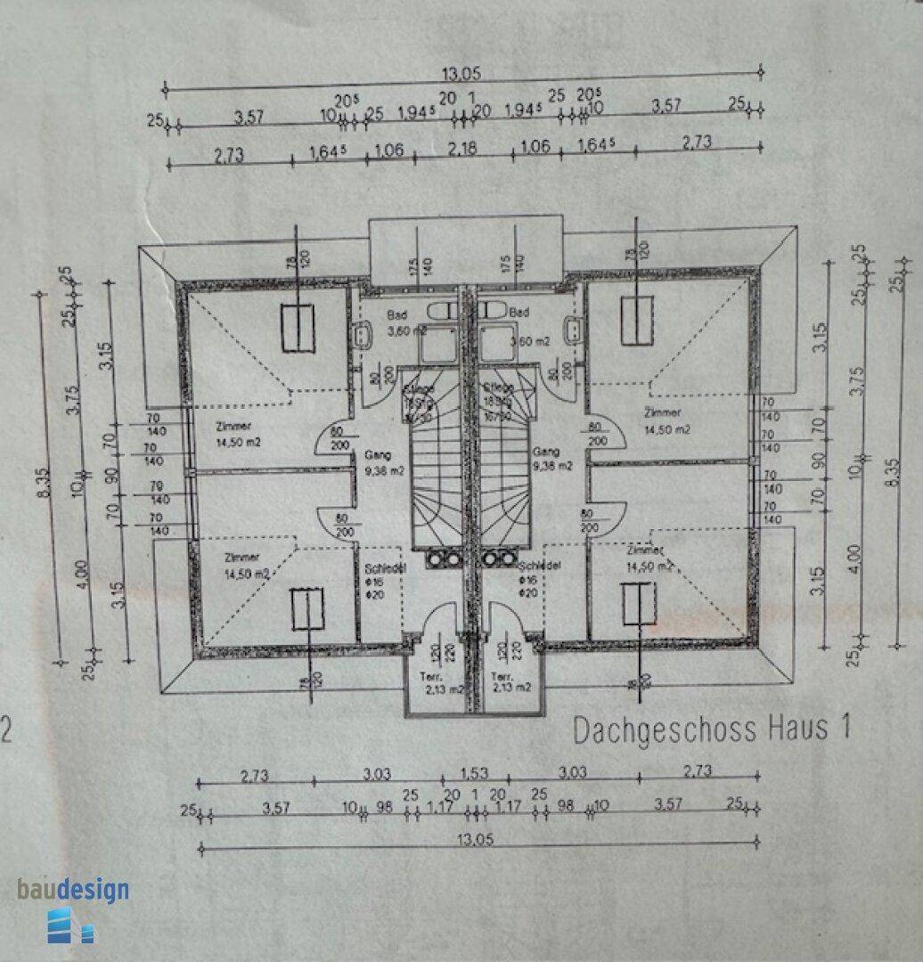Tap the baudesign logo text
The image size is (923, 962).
[x=73, y=889]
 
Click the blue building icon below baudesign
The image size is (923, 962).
[x=69, y=925]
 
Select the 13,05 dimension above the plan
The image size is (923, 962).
[x=462, y=75]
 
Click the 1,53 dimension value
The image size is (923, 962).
[x=474, y=771]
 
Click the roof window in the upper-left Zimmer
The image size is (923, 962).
[x=298, y=328]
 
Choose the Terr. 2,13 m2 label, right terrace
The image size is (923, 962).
[x=511, y=681]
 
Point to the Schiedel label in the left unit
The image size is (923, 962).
[x=386, y=568]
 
